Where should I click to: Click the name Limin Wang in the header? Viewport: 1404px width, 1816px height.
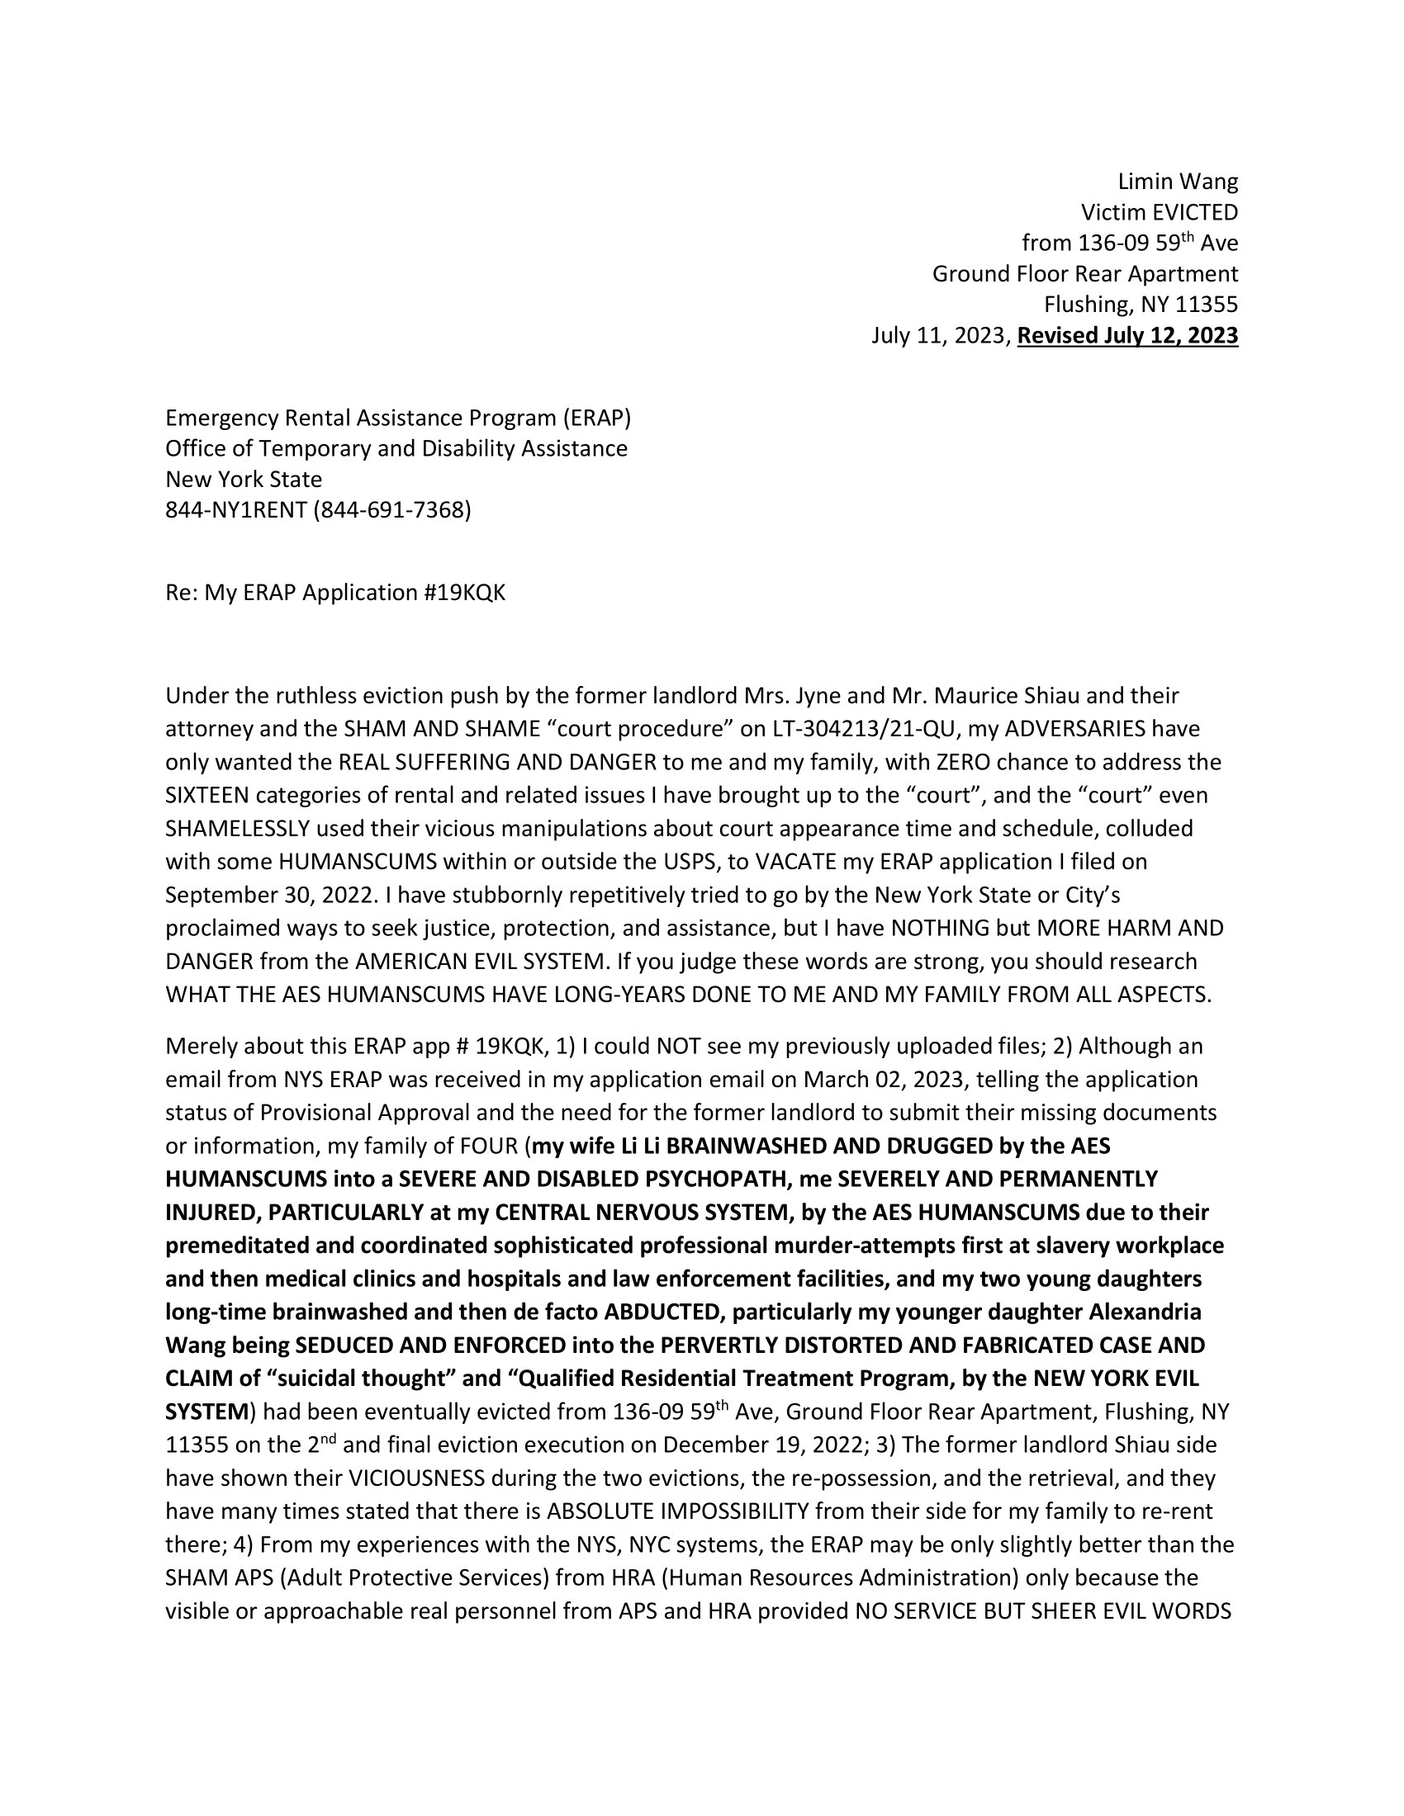pyautogui.click(x=1177, y=182)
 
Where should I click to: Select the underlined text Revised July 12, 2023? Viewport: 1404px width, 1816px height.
pyautogui.click(x=1127, y=335)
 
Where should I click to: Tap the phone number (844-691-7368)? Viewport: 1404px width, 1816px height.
pyautogui.click(x=391, y=509)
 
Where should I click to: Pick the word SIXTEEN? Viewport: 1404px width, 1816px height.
pyautogui.click(x=207, y=796)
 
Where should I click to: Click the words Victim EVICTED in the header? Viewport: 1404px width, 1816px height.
pyautogui.click(x=1159, y=212)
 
